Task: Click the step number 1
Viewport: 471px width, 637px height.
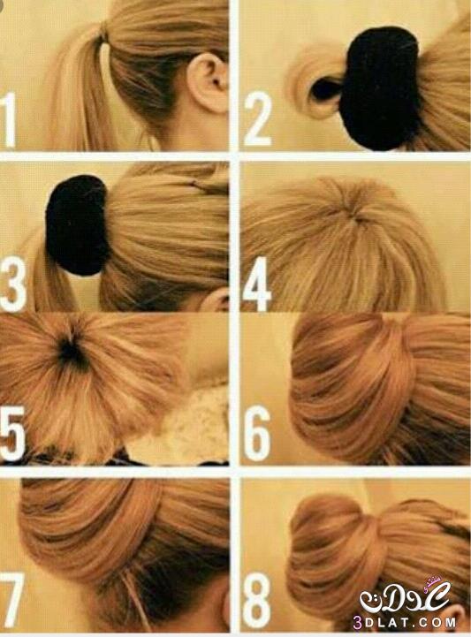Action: click(9, 119)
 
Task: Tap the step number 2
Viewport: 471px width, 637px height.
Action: click(257, 118)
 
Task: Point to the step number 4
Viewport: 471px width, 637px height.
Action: click(257, 284)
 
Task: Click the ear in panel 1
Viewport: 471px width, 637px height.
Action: click(207, 83)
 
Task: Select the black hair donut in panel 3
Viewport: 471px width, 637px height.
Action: click(76, 224)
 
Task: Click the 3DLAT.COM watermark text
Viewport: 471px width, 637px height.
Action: click(405, 622)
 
